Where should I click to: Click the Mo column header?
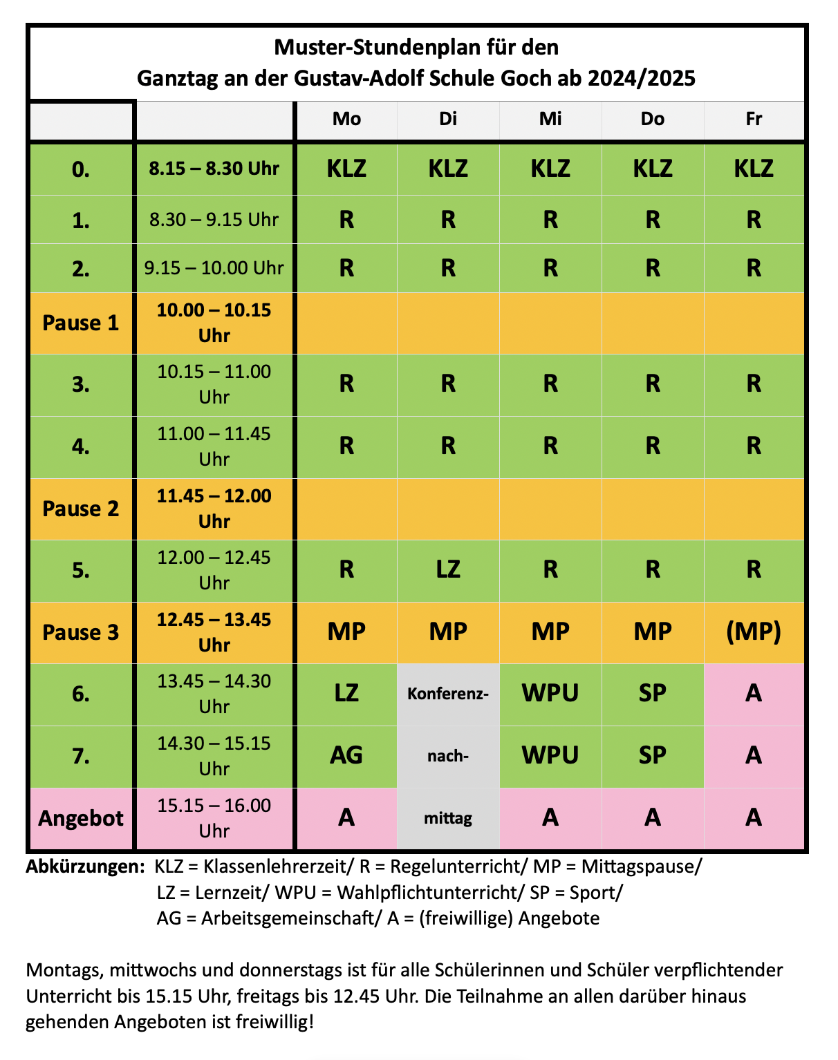tap(346, 119)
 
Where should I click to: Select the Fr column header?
tap(754, 119)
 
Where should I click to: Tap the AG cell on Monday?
tap(346, 755)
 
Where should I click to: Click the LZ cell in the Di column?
tap(448, 569)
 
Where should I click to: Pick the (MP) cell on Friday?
tap(754, 632)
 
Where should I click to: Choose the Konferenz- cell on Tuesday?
tap(448, 693)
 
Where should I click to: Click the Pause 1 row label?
tap(81, 323)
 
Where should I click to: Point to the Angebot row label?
tap(81, 818)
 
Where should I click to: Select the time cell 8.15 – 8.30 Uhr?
tap(214, 168)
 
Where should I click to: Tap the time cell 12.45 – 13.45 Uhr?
tap(214, 632)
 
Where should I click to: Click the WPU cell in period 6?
tap(550, 693)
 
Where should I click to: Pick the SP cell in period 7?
tap(652, 755)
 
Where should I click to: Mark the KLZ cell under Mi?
tap(550, 168)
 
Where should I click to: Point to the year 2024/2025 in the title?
tap(642, 77)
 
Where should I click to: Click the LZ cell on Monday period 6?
tap(346, 693)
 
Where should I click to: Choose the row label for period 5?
tap(81, 570)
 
